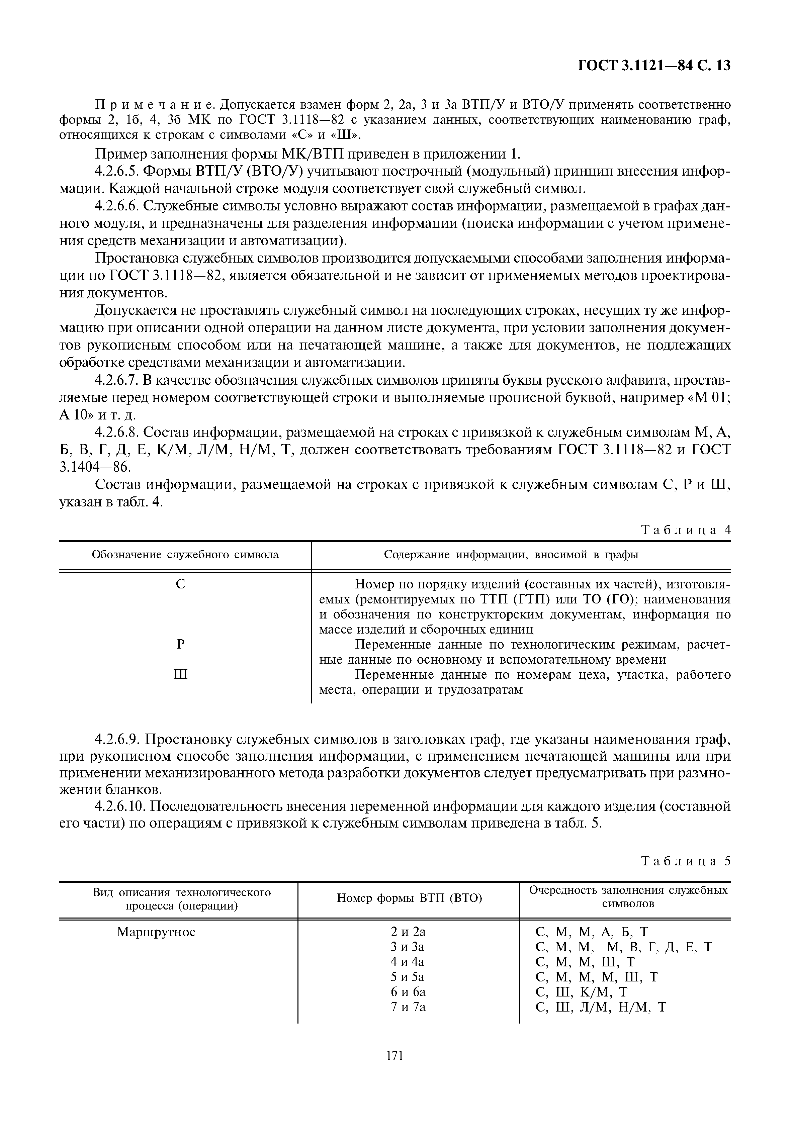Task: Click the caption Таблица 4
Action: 686,530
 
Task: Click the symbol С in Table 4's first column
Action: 181,584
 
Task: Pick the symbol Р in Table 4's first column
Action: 181,644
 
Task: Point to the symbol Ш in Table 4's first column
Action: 181,674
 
